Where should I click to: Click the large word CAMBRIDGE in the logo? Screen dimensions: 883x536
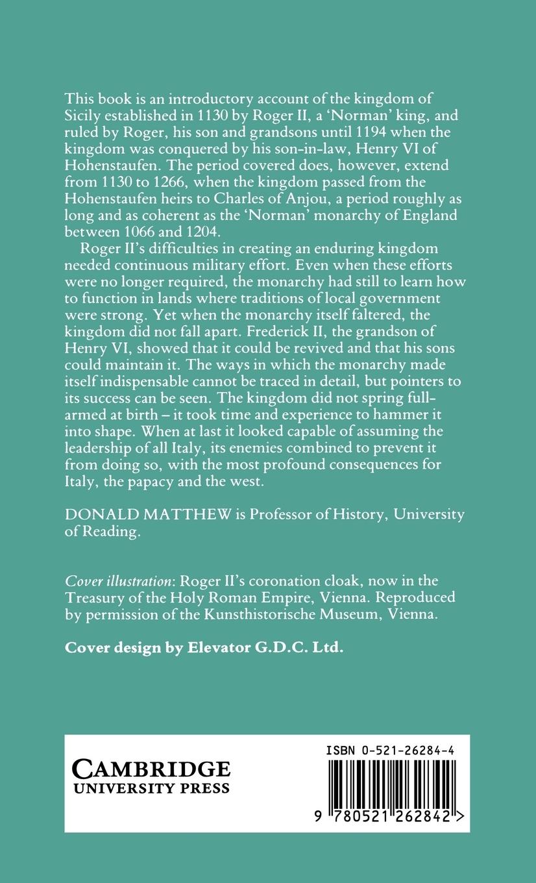151,769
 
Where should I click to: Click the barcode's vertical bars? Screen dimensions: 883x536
393,786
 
